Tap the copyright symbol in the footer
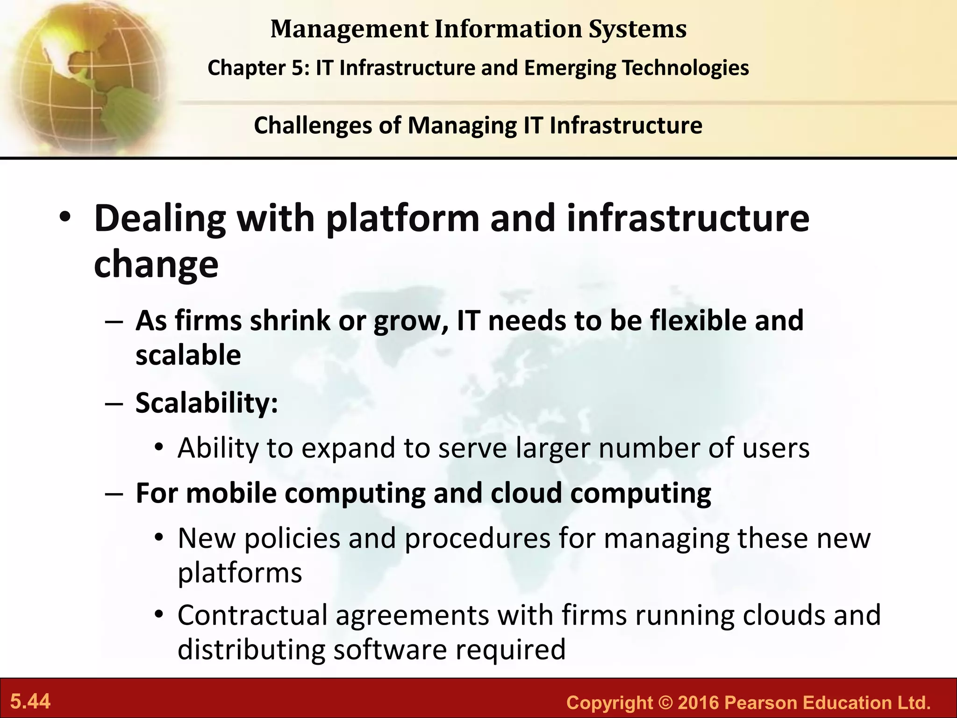pyautogui.click(x=665, y=703)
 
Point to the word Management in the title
pyautogui.click(x=349, y=29)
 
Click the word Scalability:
pyautogui.click(x=207, y=403)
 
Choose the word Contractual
pyautogui.click(x=252, y=615)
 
